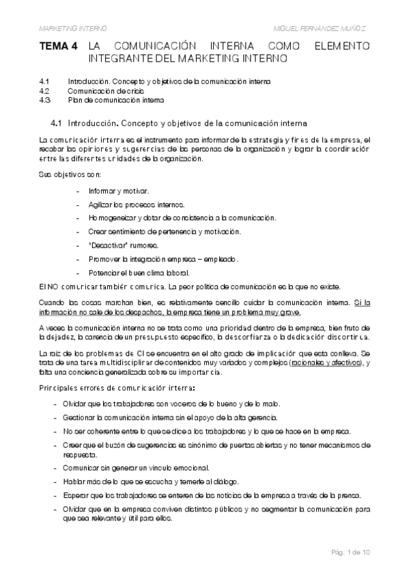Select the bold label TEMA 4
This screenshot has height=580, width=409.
coord(58,47)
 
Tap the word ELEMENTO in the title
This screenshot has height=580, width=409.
coord(343,47)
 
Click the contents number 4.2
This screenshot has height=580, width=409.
coord(45,90)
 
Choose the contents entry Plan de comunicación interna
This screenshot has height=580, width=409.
coord(116,100)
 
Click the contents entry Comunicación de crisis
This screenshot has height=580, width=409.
coord(104,90)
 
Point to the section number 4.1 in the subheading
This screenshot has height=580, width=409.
coord(57,123)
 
